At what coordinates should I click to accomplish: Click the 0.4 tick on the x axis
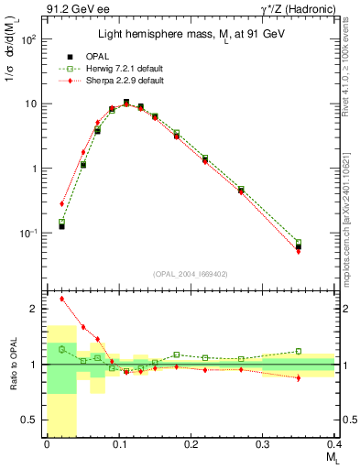[x=334, y=444]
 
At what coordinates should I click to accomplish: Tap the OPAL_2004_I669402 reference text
[x=191, y=274]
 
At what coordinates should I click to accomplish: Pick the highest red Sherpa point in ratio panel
[x=61, y=299]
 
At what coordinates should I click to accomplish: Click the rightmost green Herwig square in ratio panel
[x=299, y=351]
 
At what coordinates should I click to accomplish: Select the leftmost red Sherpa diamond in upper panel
[x=61, y=203]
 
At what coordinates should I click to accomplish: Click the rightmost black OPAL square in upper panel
[x=299, y=246]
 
